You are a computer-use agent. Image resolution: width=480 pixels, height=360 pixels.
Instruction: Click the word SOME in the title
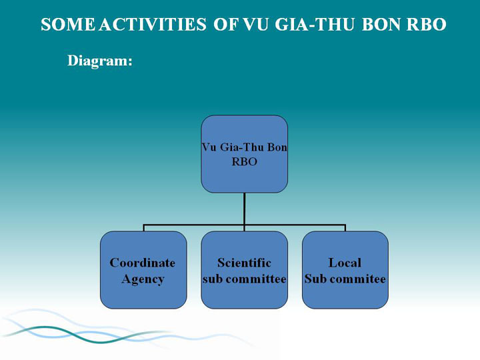(x=67, y=25)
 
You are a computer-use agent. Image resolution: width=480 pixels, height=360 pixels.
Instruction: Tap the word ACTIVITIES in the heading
(x=153, y=25)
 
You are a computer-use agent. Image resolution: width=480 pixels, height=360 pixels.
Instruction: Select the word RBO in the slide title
(x=426, y=25)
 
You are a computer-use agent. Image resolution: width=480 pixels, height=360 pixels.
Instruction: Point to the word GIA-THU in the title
(x=315, y=25)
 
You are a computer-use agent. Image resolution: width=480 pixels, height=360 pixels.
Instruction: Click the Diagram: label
(x=100, y=61)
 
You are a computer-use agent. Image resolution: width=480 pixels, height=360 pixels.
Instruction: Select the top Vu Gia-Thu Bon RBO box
(x=244, y=154)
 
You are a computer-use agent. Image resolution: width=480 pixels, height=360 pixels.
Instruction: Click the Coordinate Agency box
(x=143, y=270)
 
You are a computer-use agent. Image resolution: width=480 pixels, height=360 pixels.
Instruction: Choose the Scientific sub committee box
(x=244, y=270)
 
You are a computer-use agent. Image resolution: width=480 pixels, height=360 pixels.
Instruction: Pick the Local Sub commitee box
(x=345, y=270)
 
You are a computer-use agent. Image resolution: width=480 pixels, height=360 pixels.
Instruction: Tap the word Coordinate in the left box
(x=143, y=263)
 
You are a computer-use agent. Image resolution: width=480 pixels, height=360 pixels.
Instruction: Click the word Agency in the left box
(x=143, y=279)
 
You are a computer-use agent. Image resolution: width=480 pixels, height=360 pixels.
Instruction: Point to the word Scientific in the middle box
(x=244, y=263)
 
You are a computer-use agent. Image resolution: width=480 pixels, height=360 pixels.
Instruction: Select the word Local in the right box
(x=345, y=263)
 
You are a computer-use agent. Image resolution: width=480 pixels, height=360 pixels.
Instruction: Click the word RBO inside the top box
(x=244, y=161)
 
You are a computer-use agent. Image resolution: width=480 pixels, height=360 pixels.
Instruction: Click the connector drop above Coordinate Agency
(x=143, y=228)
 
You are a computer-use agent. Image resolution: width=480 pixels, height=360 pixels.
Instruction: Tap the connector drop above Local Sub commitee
(x=345, y=228)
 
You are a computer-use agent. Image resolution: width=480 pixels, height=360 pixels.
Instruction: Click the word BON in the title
(x=381, y=25)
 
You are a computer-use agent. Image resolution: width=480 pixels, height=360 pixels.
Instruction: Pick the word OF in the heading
(x=225, y=25)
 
